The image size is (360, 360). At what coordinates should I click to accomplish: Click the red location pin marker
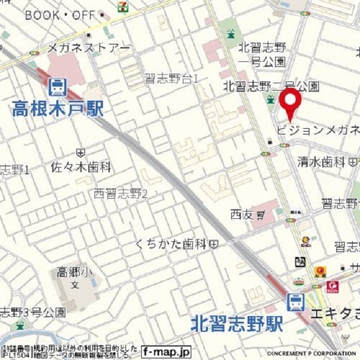[x=291, y=101]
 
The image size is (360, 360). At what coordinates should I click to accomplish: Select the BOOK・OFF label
[x=60, y=15]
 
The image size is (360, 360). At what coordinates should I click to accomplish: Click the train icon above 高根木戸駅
[x=57, y=87]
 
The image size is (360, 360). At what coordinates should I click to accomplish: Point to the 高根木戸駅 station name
[x=57, y=107]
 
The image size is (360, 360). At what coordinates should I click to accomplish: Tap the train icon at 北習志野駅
[x=295, y=302]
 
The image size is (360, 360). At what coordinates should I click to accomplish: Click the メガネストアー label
[x=88, y=48]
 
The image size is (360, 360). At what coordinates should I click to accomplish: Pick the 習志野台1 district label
[x=172, y=79]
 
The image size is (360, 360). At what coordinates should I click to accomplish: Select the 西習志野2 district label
[x=120, y=194]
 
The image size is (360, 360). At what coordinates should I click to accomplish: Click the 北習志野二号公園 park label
[x=271, y=87]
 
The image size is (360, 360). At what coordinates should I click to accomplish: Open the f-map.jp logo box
[x=166, y=352]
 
